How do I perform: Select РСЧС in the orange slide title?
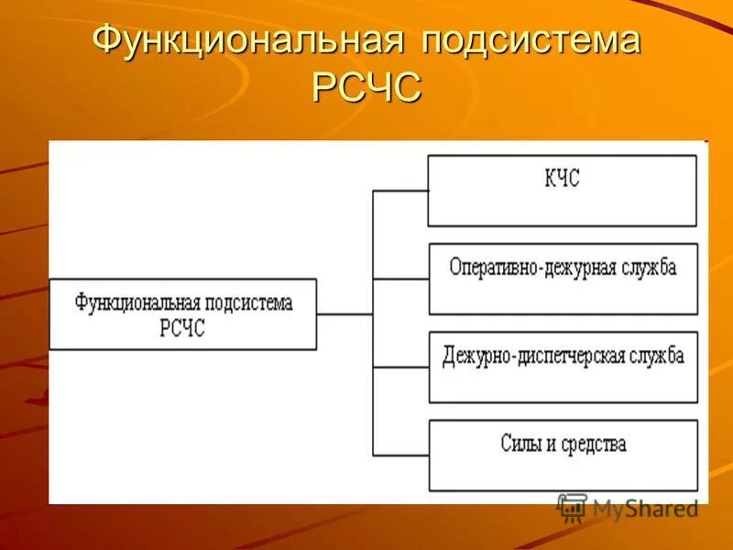tap(366, 90)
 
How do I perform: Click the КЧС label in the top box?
tap(562, 180)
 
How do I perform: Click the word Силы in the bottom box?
tap(520, 445)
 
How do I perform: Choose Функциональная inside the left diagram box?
tap(137, 302)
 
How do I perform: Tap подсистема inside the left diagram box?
tap(248, 302)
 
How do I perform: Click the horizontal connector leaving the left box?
tap(344, 313)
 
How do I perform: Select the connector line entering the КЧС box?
tap(400, 191)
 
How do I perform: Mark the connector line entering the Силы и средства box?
tap(400, 455)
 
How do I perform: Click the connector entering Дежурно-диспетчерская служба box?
tap(400, 367)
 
